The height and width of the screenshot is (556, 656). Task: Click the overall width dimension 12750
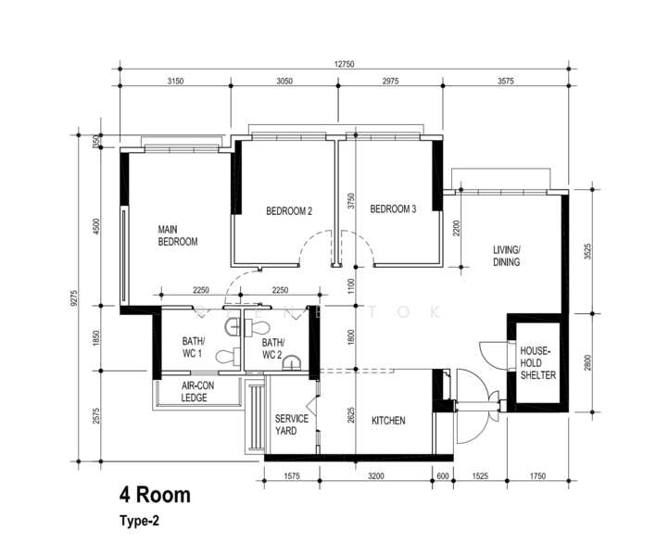344,64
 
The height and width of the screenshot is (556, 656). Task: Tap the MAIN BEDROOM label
178,235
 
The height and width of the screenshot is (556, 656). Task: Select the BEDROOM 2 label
289,211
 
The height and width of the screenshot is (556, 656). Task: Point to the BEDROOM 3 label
393,208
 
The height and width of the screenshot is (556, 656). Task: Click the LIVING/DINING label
507,256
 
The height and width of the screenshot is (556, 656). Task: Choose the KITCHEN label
388,421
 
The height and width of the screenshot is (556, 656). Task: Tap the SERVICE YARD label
292,424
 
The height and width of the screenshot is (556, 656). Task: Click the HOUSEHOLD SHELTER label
538,362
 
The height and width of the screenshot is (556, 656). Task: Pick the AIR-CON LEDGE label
197,392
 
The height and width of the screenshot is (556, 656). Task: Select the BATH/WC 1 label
194,347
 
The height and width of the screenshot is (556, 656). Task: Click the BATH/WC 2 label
273,349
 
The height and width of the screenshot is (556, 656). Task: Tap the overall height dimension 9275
74,298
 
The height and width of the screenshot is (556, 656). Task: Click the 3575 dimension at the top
505,82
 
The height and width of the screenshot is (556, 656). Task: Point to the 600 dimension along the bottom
443,475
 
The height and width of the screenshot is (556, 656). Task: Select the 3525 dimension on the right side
587,252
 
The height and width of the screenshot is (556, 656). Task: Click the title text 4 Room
156,495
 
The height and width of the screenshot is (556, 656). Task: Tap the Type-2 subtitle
139,521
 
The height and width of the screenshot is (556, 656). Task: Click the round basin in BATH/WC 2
292,362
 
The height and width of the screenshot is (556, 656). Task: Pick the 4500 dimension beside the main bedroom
96,226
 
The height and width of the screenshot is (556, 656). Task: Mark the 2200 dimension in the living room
456,229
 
